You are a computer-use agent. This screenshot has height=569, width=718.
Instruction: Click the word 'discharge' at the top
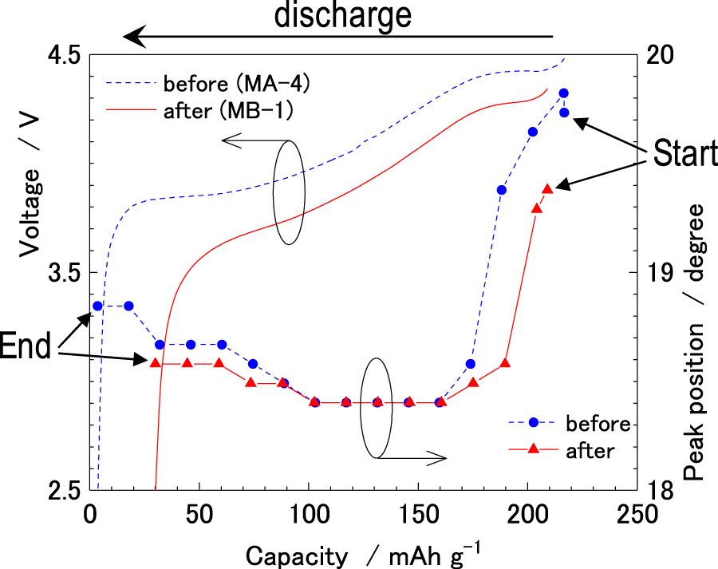pos(343,16)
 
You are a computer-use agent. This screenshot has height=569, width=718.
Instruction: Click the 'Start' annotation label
pos(684,153)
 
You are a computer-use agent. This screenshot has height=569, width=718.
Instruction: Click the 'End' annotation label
pos(26,346)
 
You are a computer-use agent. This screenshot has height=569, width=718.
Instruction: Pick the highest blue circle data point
pos(564,93)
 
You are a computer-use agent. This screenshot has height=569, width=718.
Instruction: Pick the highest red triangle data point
pos(547,189)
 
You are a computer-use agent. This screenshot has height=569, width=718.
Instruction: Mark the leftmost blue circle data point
pos(98,306)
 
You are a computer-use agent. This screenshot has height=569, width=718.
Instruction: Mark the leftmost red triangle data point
pos(156,363)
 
